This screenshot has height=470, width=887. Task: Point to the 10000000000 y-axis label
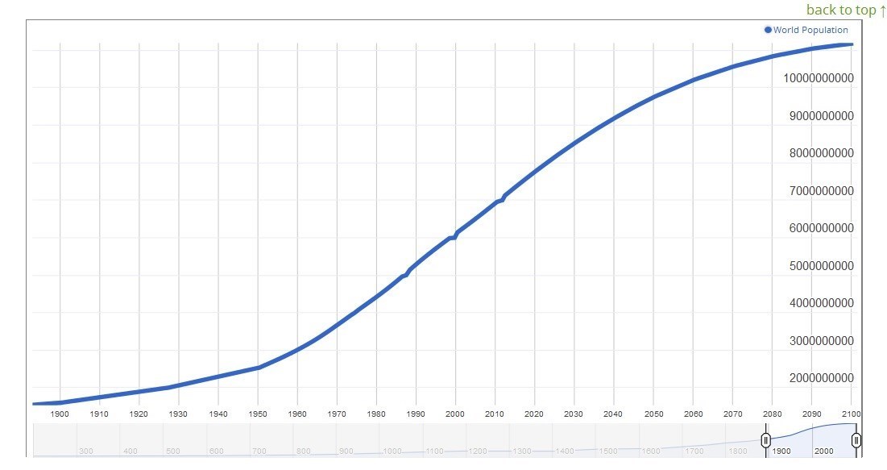tap(818, 78)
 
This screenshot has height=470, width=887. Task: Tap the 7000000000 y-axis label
tap(818, 191)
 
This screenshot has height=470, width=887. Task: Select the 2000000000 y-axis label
tap(818, 378)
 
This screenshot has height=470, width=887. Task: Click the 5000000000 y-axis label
tap(818, 266)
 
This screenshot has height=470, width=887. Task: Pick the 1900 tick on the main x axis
tap(60, 414)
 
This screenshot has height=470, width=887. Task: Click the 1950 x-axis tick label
tap(258, 414)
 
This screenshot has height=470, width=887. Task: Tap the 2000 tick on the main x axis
tap(455, 414)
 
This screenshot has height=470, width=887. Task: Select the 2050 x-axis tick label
tap(653, 414)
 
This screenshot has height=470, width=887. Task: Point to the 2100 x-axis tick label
tap(851, 414)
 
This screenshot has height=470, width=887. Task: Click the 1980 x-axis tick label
tap(376, 414)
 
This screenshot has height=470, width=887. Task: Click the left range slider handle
tap(766, 439)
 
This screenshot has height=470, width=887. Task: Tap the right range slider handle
tap(856, 439)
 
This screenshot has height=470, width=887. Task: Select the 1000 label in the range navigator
tap(392, 451)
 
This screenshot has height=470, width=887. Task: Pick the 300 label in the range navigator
tap(86, 451)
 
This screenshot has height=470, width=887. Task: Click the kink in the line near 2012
tap(504, 197)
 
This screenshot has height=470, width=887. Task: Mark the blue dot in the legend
tap(769, 30)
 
